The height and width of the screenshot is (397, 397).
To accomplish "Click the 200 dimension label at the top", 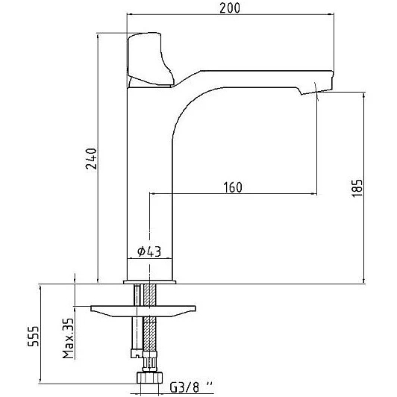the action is [x=230, y=8].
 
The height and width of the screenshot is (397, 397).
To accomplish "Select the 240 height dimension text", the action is [x=91, y=159].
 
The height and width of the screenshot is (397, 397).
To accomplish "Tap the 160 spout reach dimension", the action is [x=233, y=187].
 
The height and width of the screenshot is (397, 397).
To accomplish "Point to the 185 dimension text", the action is [x=357, y=188].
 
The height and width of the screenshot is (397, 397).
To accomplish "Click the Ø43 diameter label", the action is [x=149, y=251].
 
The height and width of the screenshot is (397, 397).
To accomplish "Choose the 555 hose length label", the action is [x=33, y=337].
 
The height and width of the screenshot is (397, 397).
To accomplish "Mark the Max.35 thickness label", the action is [x=68, y=338].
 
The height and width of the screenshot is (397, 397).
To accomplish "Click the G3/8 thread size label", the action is [x=191, y=387].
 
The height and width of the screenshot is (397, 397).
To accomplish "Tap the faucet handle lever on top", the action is [x=150, y=59].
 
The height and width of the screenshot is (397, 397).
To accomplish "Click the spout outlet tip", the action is [x=316, y=93].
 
